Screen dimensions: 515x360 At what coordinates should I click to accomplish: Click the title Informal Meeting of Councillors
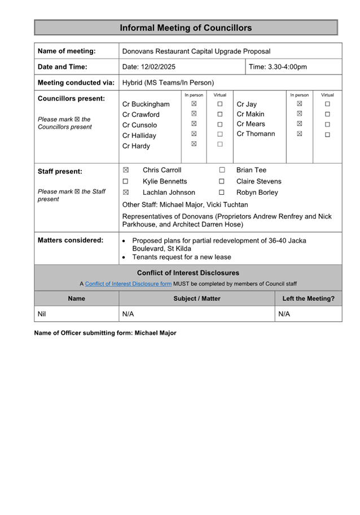pyautogui.click(x=186, y=28)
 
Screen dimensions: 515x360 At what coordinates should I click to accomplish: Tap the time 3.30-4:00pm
pyautogui.click(x=278, y=67)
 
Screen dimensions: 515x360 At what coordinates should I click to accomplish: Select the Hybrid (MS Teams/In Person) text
pyautogui.click(x=168, y=82)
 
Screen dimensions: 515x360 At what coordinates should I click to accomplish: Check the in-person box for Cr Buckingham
pyautogui.click(x=194, y=104)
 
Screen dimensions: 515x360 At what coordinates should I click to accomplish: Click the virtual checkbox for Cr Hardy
pyautogui.click(x=220, y=145)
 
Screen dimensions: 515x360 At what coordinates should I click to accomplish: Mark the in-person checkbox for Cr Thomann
pyautogui.click(x=299, y=134)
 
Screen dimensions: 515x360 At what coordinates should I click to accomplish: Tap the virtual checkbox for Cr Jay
pyautogui.click(x=327, y=104)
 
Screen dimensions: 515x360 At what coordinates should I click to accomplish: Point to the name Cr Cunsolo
pyautogui.click(x=140, y=125)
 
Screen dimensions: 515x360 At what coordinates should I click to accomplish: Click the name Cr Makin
pyautogui.click(x=251, y=114)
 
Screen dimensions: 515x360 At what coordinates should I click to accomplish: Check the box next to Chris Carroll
pyautogui.click(x=126, y=170)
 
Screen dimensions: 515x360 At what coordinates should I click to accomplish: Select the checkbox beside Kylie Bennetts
pyautogui.click(x=126, y=181)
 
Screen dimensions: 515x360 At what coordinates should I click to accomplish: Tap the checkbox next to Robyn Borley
pyautogui.click(x=222, y=193)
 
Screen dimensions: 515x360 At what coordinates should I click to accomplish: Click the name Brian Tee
pyautogui.click(x=251, y=170)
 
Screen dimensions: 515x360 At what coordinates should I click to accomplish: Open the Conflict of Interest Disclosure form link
pyautogui.click(x=128, y=283)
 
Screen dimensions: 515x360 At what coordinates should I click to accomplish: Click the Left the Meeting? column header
pyautogui.click(x=308, y=299)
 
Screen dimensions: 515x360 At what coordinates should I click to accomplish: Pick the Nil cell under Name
pyautogui.click(x=42, y=314)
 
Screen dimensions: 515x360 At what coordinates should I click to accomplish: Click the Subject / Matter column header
pyautogui.click(x=196, y=299)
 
